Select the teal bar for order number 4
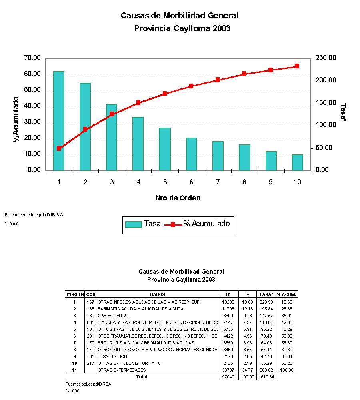point(138,144)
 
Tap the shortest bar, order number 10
point(297,162)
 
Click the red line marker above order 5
point(164,94)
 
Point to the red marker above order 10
point(297,66)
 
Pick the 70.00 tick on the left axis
point(32,58)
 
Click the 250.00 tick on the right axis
point(326,58)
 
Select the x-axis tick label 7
point(218,182)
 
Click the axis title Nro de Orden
point(178,198)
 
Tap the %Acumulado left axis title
point(16,119)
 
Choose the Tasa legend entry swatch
point(133,224)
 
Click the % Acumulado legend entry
point(206,224)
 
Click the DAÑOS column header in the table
point(158,294)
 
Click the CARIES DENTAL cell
point(114,316)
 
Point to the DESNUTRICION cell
point(112,356)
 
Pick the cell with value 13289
point(228,302)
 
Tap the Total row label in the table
point(142,377)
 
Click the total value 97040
point(228,377)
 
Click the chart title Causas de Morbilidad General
point(179,16)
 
